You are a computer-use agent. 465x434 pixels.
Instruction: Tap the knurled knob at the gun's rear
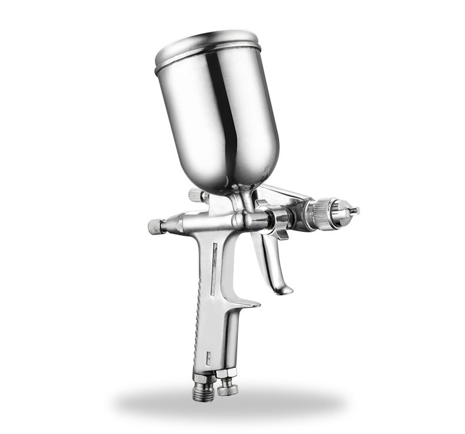tap(155, 226)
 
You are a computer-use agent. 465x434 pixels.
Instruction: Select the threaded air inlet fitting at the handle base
tap(202, 391)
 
